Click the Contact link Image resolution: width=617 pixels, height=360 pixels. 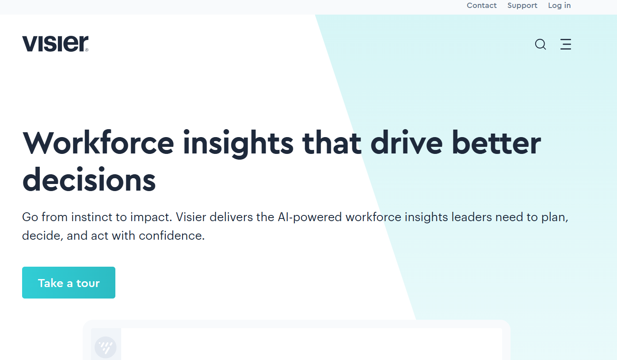[481, 5]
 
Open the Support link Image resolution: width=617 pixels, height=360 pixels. [522, 6]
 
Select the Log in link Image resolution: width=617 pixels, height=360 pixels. [559, 6]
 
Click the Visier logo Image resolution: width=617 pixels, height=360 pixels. [55, 43]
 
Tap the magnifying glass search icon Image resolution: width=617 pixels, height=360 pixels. [541, 44]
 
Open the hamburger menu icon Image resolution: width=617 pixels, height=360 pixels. [566, 44]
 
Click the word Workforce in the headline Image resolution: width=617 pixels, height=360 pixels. [98, 143]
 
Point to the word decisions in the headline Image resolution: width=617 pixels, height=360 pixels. [89, 180]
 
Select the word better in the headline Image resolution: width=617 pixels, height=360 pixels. [496, 143]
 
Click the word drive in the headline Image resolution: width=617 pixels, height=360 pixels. [407, 143]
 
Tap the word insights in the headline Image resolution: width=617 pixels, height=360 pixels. [238, 144]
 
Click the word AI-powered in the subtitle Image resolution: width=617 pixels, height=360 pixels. [310, 218]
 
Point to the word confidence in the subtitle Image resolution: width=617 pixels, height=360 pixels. [171, 236]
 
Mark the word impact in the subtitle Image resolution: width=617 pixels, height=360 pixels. [151, 218]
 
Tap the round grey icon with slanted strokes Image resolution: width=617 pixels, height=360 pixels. [106, 347]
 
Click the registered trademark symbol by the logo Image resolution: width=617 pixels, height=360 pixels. [87, 50]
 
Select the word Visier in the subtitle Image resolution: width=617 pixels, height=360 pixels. [191, 217]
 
